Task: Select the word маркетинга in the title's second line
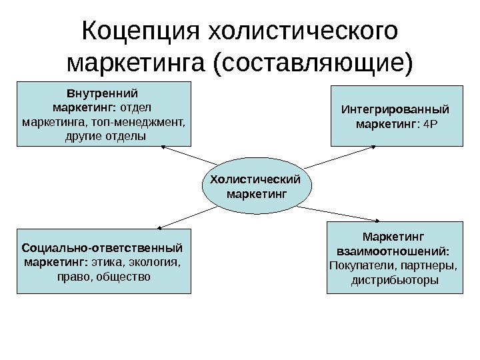coord(136,64)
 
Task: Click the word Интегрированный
coord(395,109)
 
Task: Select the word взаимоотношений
coord(393,252)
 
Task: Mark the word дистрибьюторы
coord(395,280)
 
